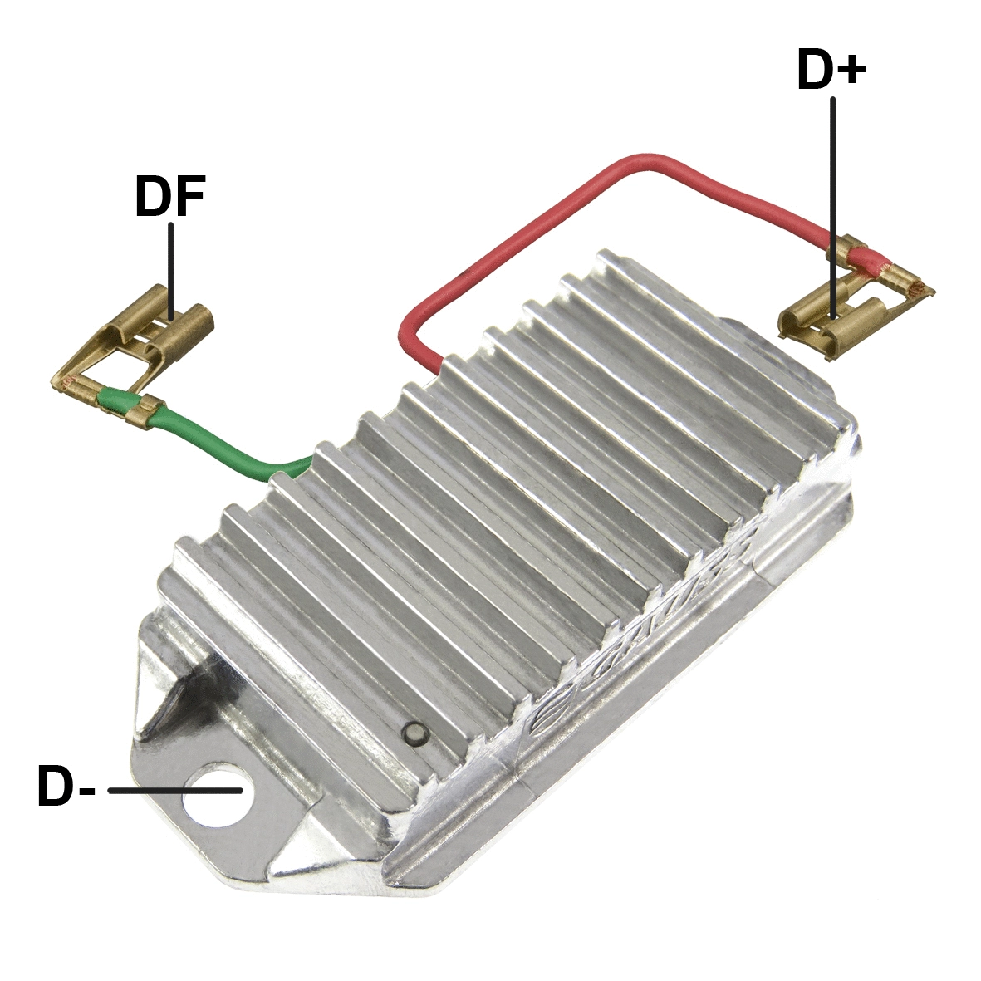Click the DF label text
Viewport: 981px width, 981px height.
(169, 197)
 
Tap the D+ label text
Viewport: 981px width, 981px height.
(831, 70)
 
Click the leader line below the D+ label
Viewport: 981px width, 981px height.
(832, 208)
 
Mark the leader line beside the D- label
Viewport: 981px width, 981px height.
(174, 791)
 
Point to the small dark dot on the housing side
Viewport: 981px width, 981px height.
(413, 732)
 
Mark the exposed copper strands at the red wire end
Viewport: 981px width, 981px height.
(915, 287)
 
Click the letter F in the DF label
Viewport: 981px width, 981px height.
(189, 197)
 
